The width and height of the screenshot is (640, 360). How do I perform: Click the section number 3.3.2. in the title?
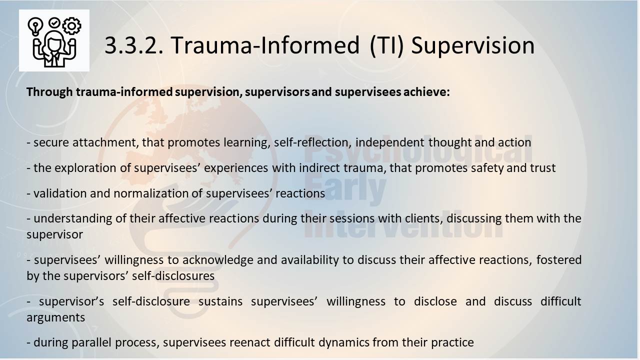click(x=134, y=45)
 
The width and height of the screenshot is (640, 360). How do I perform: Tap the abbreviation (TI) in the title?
click(x=386, y=45)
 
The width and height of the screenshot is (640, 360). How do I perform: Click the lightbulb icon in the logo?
click(x=35, y=26)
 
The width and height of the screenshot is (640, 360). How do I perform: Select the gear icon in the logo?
click(x=71, y=26)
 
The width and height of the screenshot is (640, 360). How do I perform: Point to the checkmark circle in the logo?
click(x=54, y=22)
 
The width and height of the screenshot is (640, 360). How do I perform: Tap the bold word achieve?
click(x=426, y=92)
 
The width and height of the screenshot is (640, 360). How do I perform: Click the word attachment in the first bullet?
click(x=105, y=142)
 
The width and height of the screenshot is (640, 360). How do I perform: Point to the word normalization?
click(x=151, y=193)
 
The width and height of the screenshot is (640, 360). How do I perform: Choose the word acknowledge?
click(x=217, y=260)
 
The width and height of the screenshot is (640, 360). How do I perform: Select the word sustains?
click(x=220, y=301)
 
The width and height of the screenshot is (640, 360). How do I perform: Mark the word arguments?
click(x=55, y=317)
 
